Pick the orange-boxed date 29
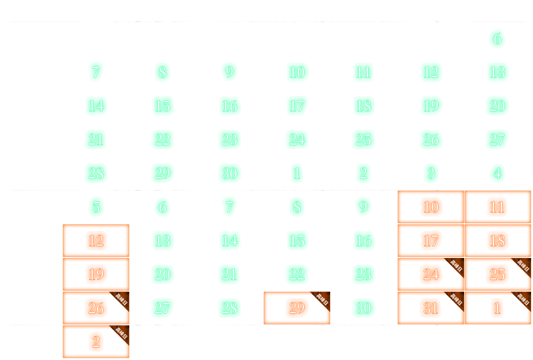pos(296,308)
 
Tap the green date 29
pos(163,174)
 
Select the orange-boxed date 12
pos(96,241)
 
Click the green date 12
pos(430,73)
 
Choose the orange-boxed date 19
pos(96,274)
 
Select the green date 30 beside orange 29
pos(363,308)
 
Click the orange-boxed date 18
pos(497,241)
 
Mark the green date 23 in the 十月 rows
pos(363,274)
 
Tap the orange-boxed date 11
pos(497,207)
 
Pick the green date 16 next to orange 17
pos(363,241)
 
